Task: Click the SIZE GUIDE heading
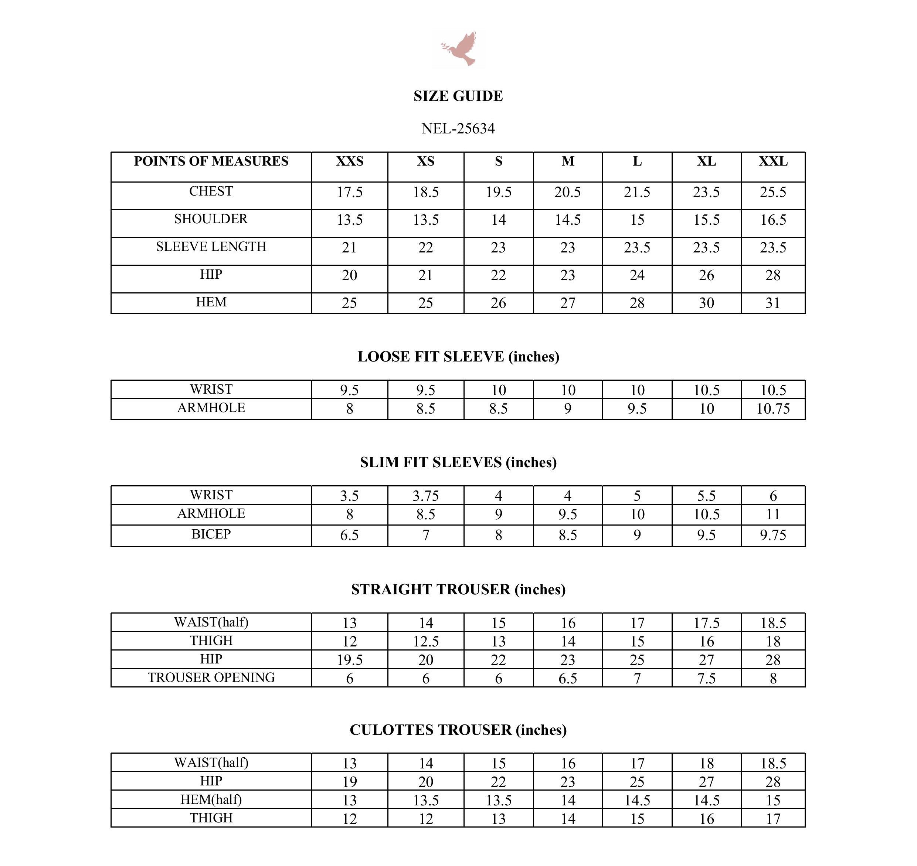coord(458,96)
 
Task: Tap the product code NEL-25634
coord(458,128)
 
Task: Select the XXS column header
coord(349,161)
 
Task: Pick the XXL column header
coord(773,161)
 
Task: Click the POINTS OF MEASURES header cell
coord(211,161)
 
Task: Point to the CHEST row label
coord(211,191)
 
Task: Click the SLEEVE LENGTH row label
coord(211,247)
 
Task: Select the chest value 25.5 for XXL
coord(773,192)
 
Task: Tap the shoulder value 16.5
coord(773,220)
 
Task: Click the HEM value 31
coord(773,303)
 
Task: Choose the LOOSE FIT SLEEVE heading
coord(458,356)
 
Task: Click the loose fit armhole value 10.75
coord(773,408)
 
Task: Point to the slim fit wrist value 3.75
coord(425,496)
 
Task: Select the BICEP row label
coord(211,534)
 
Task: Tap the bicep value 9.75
coord(773,535)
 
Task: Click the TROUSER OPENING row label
coord(211,677)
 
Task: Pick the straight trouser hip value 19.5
coord(349,660)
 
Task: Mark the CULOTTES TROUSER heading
coord(458,730)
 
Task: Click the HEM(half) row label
coord(211,799)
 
